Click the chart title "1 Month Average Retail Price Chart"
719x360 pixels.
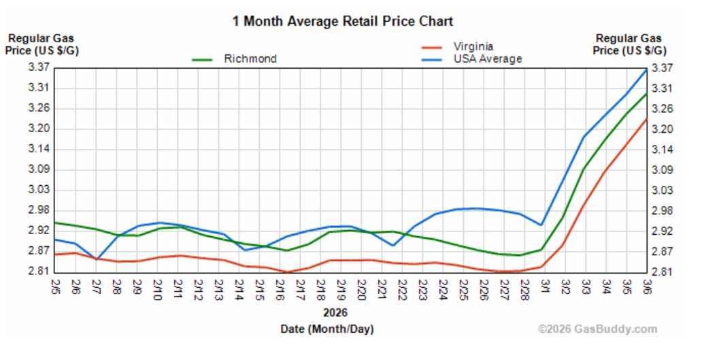(342, 21)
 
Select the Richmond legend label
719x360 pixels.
(250, 59)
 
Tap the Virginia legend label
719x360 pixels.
(473, 46)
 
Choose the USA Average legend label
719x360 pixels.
(488, 59)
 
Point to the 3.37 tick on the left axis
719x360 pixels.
(19, 67)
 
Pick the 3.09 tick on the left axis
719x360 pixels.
(19, 169)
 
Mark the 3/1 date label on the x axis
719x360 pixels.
(545, 286)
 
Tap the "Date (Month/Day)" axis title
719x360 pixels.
(327, 329)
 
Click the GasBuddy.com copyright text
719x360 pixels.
(598, 329)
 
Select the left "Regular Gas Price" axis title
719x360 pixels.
(41, 44)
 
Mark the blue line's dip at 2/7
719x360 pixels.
(97, 259)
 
